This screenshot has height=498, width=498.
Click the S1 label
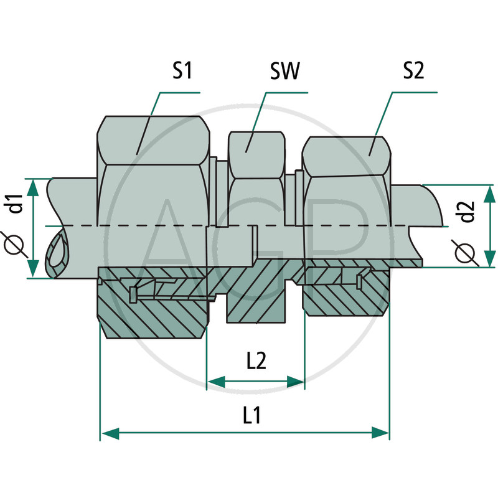(182, 70)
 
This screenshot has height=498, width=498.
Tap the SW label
(284, 71)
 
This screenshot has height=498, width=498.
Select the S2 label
(413, 70)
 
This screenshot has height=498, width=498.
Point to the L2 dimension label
(256, 360)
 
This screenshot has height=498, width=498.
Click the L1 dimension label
(252, 415)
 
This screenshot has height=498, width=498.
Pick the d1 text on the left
(15, 204)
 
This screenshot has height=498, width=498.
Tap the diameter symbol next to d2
(465, 253)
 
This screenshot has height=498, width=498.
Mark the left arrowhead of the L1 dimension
(110, 433)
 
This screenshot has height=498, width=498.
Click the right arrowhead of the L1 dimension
(380, 433)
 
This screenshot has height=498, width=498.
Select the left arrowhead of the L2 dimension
(216, 382)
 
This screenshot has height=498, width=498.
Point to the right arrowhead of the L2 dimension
(295, 382)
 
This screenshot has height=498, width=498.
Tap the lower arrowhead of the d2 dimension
(489, 258)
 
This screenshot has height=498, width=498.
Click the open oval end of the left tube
(57, 248)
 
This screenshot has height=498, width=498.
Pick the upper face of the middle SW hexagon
(256, 155)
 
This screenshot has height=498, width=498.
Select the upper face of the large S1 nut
(153, 141)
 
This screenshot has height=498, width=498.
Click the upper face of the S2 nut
(347, 156)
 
